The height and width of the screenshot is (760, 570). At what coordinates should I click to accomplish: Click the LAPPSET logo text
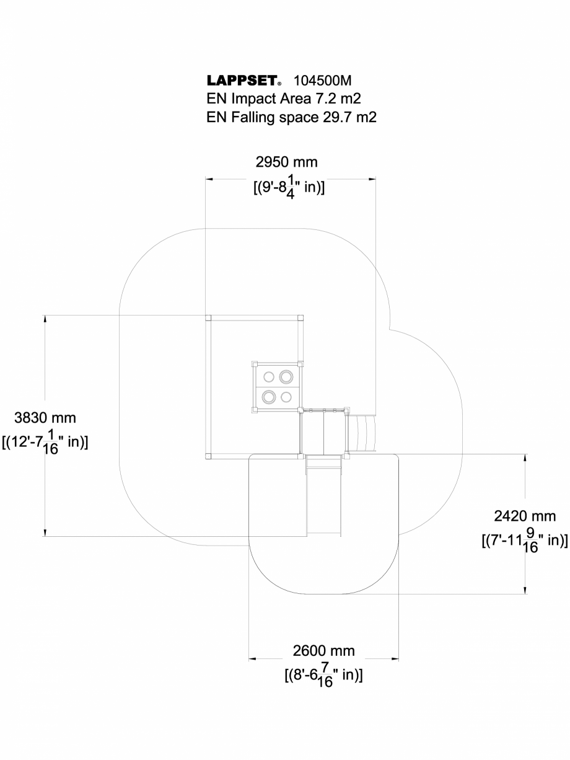click(x=242, y=82)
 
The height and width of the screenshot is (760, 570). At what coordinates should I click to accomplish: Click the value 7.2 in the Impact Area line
click(x=324, y=99)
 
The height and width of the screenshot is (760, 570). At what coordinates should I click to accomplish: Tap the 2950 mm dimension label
click(x=286, y=162)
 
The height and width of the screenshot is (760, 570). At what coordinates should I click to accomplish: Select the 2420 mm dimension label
click(x=525, y=516)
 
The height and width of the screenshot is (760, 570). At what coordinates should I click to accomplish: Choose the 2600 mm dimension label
click(x=323, y=651)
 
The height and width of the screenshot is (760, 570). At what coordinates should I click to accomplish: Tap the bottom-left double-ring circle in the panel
click(x=270, y=397)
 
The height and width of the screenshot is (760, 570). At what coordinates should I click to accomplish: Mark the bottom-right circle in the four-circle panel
click(x=286, y=397)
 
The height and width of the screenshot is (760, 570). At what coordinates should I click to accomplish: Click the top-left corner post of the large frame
click(x=208, y=318)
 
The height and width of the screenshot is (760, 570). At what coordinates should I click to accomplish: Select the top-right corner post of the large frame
click(x=301, y=318)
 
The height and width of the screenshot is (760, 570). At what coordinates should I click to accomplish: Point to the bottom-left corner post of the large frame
click(x=208, y=457)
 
